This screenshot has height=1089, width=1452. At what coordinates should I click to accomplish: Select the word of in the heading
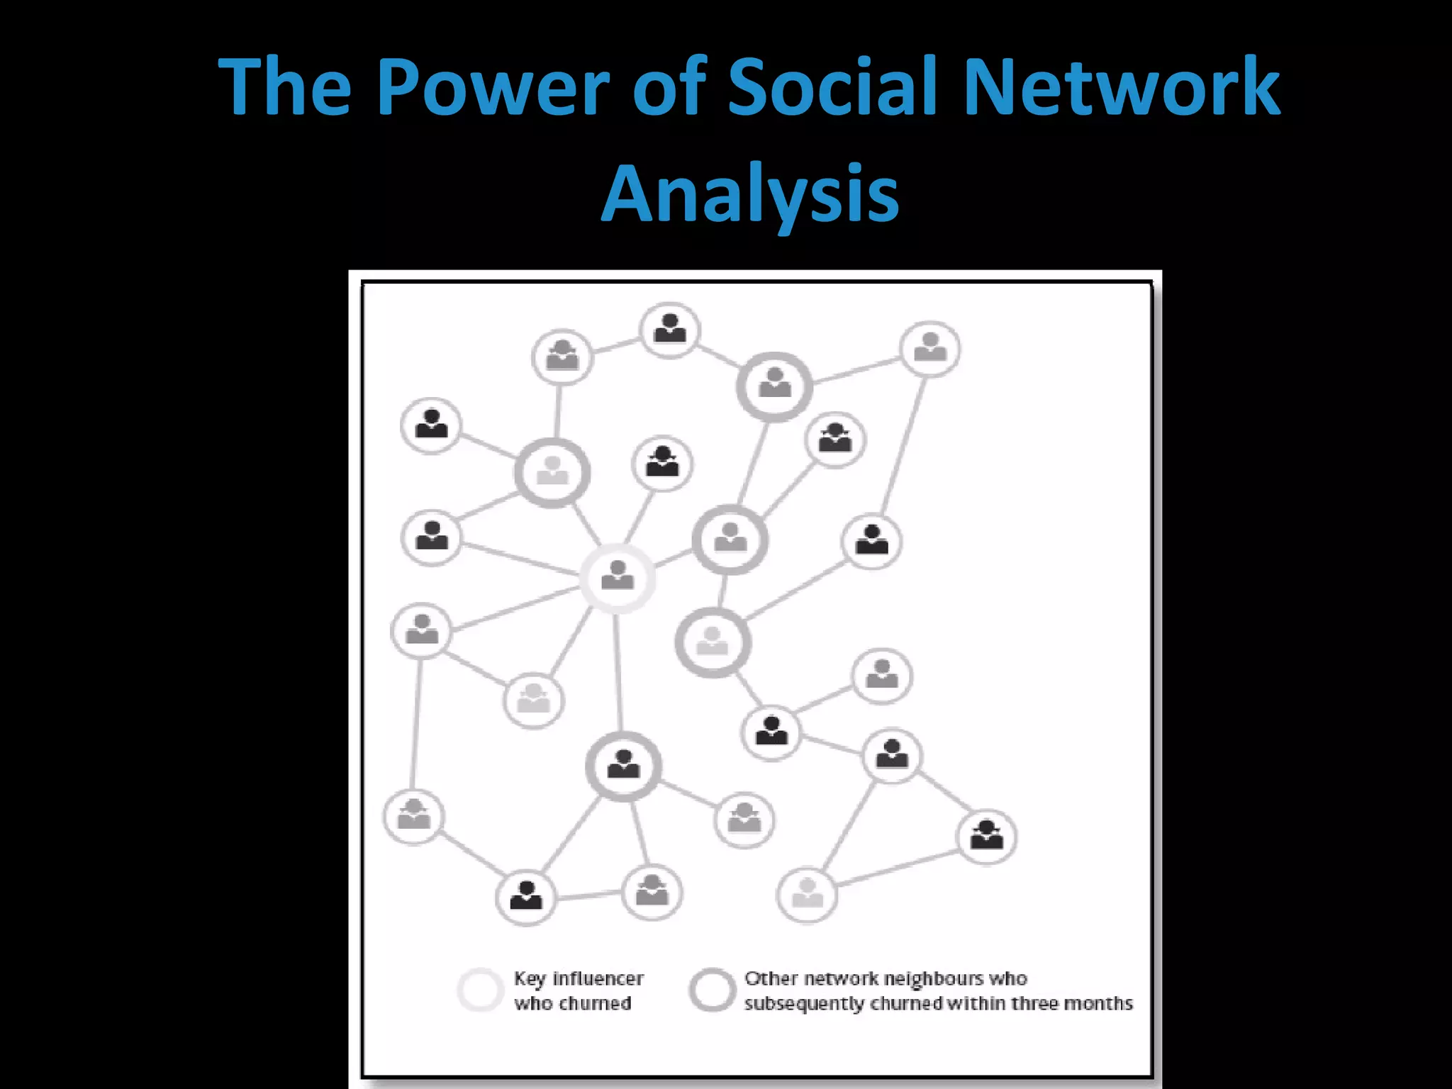[669, 86]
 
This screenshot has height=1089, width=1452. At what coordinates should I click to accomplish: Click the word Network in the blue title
[1122, 86]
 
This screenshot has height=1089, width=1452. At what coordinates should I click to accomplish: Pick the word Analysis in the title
[750, 193]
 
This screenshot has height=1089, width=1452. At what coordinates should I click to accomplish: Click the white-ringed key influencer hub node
[618, 577]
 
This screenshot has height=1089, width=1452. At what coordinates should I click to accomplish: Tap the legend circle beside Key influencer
[480, 989]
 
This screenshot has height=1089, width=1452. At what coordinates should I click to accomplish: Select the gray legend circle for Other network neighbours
[711, 989]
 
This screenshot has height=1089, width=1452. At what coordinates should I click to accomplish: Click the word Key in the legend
[530, 978]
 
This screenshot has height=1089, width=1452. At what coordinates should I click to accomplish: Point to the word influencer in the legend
[598, 978]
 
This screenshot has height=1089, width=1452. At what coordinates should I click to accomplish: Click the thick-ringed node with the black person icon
[623, 766]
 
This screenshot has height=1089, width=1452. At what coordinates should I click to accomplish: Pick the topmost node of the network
[669, 330]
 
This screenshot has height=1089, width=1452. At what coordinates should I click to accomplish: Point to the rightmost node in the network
[986, 837]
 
